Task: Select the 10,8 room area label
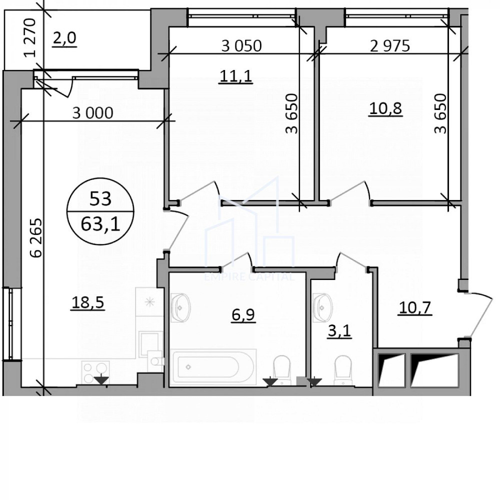pyautogui.click(x=385, y=108)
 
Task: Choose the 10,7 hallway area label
pyautogui.click(x=414, y=308)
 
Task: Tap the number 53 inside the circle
pyautogui.click(x=100, y=199)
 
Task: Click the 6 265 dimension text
pyautogui.click(x=35, y=237)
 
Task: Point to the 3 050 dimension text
pyautogui.click(x=241, y=46)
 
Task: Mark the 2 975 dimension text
pyautogui.click(x=389, y=46)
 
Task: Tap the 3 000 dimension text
pyautogui.click(x=92, y=113)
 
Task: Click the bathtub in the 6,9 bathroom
pyautogui.click(x=213, y=367)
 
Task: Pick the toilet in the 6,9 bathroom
pyautogui.click(x=282, y=368)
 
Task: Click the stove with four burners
pyautogui.click(x=95, y=371)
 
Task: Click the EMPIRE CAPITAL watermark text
pyautogui.click(x=249, y=277)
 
